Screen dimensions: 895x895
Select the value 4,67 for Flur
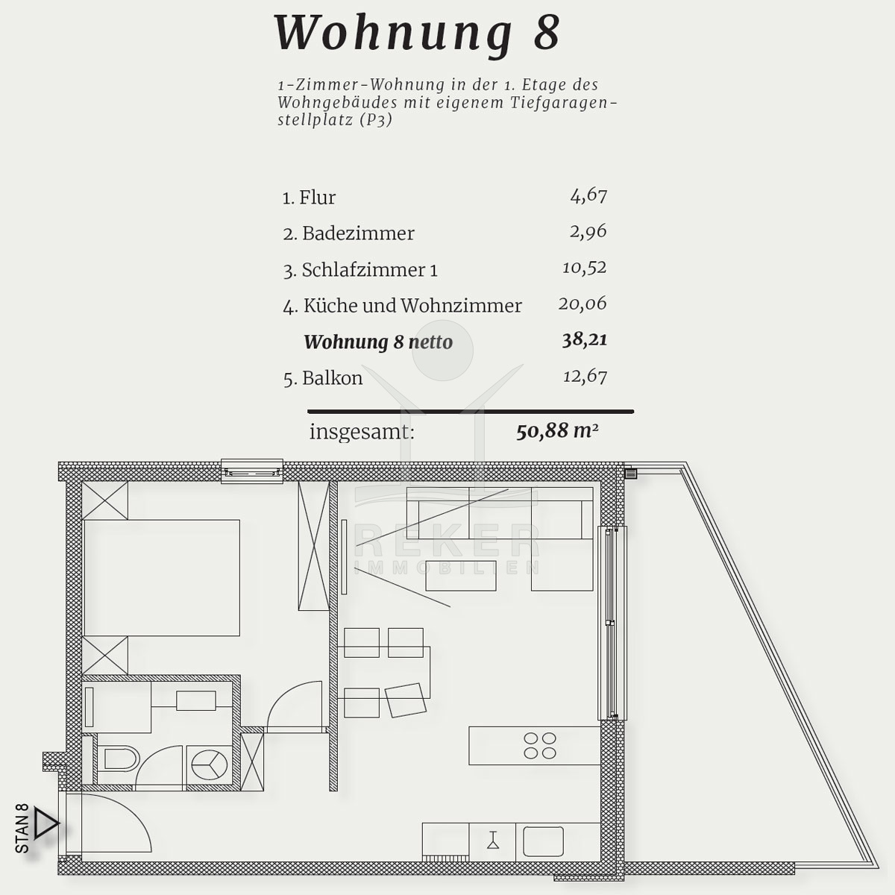(588, 196)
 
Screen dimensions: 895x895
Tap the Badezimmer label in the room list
(358, 233)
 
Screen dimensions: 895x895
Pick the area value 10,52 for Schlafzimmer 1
(584, 268)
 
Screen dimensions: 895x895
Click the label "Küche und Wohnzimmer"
(412, 306)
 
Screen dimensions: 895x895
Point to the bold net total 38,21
(584, 340)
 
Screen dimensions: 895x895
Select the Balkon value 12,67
(585, 376)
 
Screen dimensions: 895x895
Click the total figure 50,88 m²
(557, 432)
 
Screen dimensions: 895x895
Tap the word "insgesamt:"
(362, 433)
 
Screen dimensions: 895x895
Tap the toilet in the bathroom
(120, 760)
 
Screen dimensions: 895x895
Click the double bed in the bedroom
(162, 578)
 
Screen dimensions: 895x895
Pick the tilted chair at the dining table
(406, 700)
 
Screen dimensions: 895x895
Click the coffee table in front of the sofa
(461, 576)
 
